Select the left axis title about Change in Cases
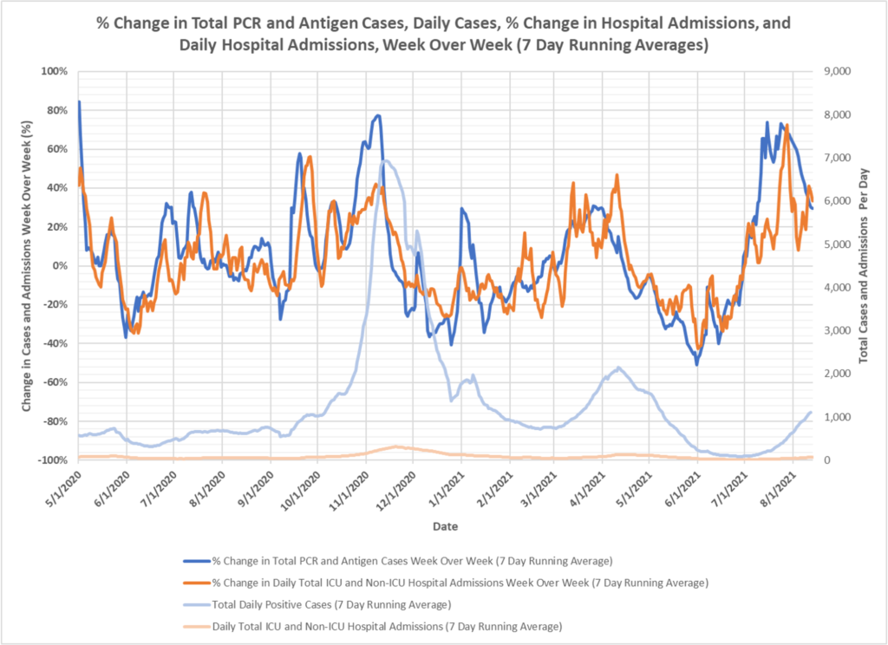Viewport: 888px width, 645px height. coord(27,265)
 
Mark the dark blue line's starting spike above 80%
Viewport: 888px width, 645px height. coord(80,102)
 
